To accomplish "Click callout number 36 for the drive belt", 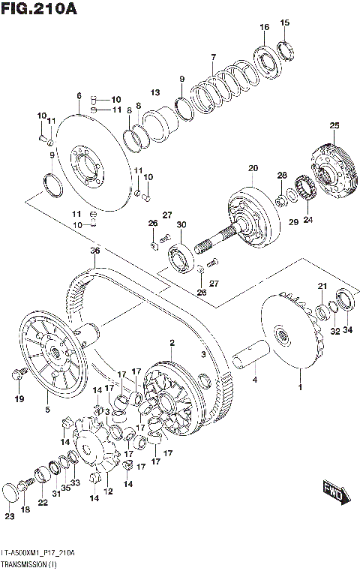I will point(94,250).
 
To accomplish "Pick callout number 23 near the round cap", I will point(9,516).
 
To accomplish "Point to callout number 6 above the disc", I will point(79,95).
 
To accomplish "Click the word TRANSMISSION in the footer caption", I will point(23,562).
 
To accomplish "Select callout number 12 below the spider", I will point(108,491).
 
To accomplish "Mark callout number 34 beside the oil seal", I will point(346,330).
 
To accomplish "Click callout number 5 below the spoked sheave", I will point(46,410).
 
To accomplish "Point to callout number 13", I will point(155,92).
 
